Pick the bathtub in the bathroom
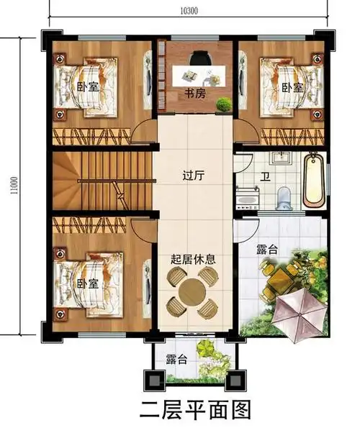313,178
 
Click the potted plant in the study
224,104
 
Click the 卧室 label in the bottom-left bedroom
87,283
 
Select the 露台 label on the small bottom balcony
176,359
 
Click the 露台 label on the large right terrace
266,250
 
